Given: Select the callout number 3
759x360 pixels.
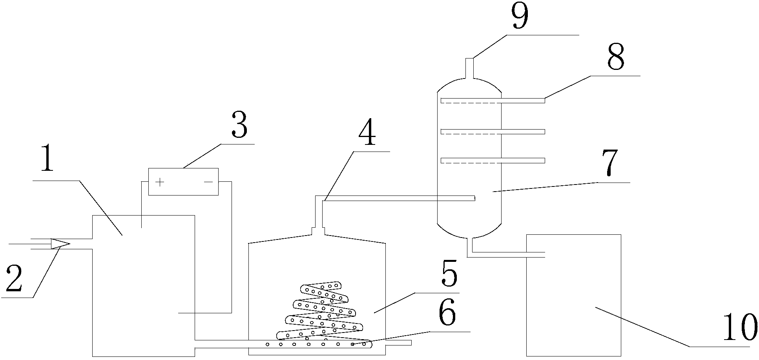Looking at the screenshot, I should point(239,125).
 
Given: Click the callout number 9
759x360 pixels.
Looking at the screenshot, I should point(519,16).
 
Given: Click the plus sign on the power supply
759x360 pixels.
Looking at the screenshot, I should point(160,182).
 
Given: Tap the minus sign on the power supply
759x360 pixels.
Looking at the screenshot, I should point(208,182).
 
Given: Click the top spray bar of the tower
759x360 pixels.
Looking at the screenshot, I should point(493,101).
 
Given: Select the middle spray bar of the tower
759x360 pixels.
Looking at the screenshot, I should point(493,132).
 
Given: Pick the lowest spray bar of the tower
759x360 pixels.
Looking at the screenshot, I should point(493,160).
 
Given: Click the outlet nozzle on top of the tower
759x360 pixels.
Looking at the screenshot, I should point(469,68).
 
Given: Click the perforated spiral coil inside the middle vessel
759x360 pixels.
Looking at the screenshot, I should point(322,314).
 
